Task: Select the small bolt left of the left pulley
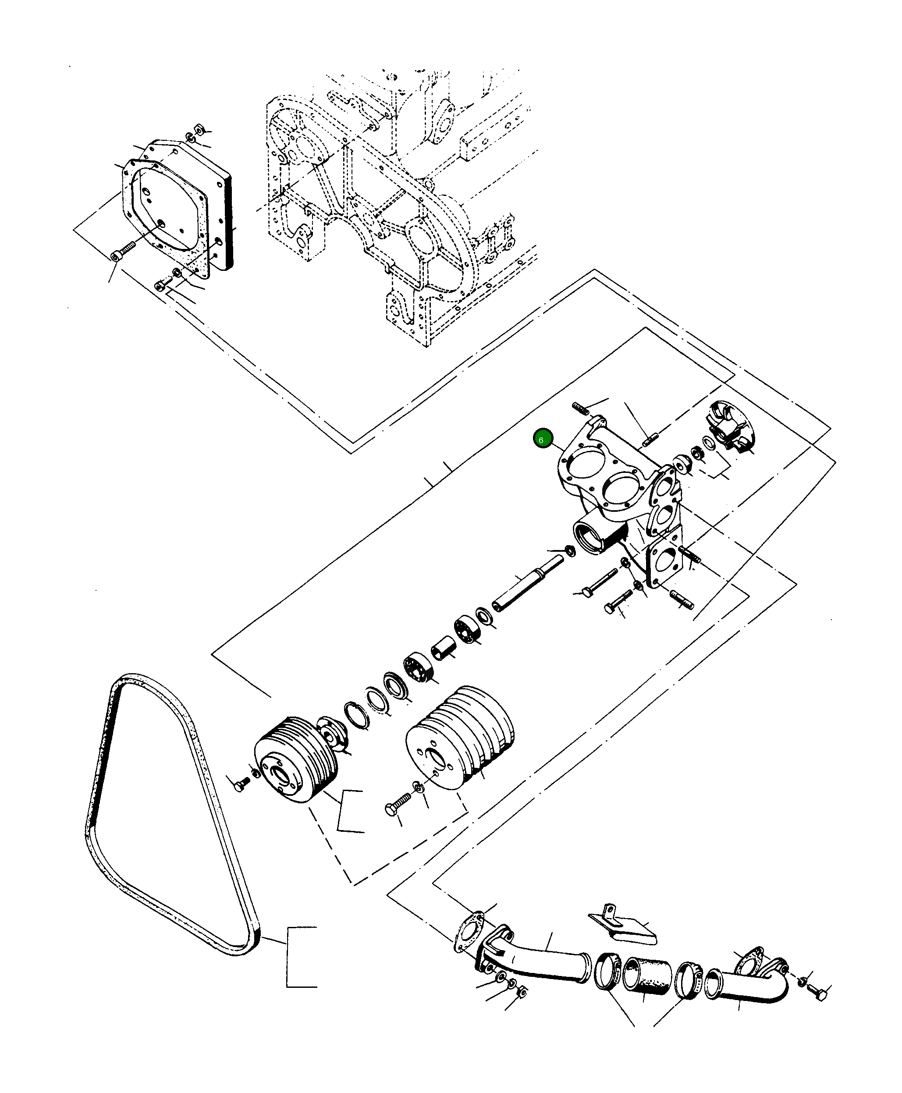[240, 787]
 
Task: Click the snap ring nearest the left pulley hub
[357, 715]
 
